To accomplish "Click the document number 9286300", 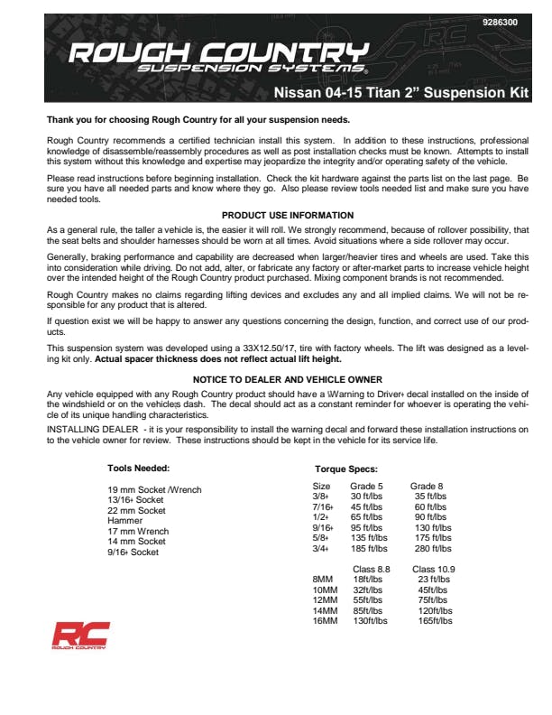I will (501, 22).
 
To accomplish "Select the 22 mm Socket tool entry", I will (136, 511).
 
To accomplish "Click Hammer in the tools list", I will (125, 521).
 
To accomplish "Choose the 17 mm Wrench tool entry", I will (138, 532).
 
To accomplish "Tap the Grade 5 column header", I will (368, 486).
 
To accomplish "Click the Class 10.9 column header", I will (434, 569).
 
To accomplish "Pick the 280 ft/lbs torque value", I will (433, 548).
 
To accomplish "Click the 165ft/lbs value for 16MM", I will (434, 621).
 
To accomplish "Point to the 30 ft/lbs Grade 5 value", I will (368, 496).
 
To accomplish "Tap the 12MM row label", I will (324, 600).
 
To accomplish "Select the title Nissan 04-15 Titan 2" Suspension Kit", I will (401, 93).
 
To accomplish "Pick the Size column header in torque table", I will (321, 486).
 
